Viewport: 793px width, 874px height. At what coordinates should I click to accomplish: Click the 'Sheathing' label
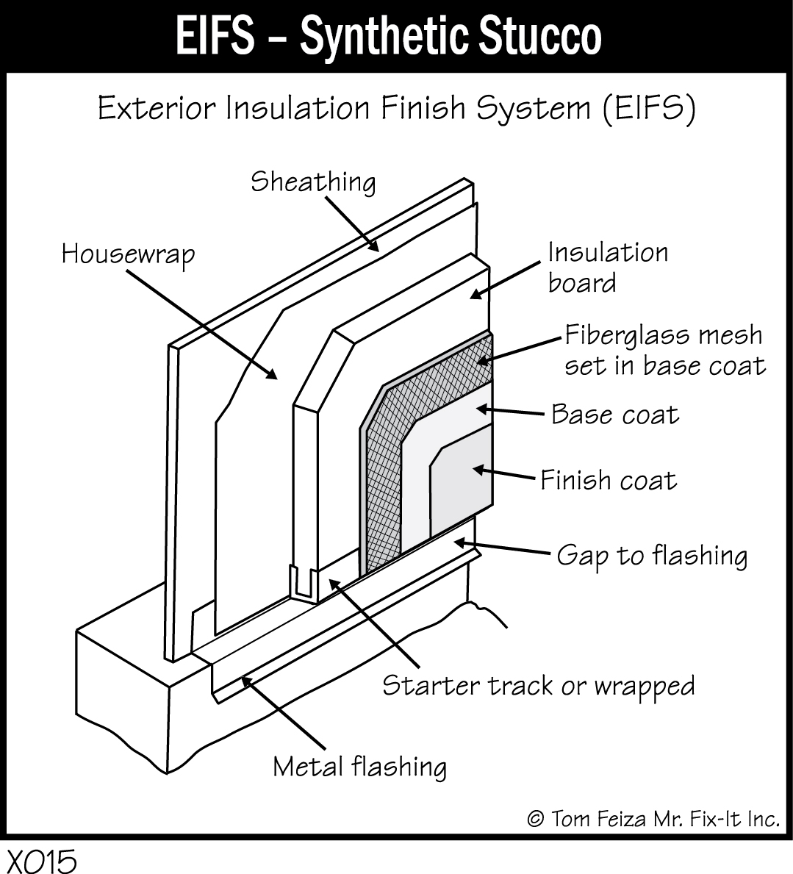click(313, 182)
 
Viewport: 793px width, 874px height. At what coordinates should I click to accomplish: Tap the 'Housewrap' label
click(129, 254)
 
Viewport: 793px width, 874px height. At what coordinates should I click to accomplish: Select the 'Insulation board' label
click(608, 268)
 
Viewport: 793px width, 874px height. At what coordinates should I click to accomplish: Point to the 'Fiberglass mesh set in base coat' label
click(664, 350)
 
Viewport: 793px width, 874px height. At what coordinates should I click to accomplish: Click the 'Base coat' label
click(614, 415)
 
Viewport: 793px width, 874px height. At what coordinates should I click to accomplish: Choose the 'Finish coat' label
click(609, 481)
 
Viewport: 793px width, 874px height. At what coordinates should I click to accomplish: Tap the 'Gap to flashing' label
click(652, 555)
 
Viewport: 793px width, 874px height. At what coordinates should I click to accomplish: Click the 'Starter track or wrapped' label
click(538, 686)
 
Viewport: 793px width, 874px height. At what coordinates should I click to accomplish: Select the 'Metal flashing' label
click(359, 767)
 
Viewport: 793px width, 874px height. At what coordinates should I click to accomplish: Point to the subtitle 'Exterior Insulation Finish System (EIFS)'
click(396, 110)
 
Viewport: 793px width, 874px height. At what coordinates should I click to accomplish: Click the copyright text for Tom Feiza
click(653, 819)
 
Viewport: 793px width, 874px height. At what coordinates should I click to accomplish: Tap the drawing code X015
click(42, 861)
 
